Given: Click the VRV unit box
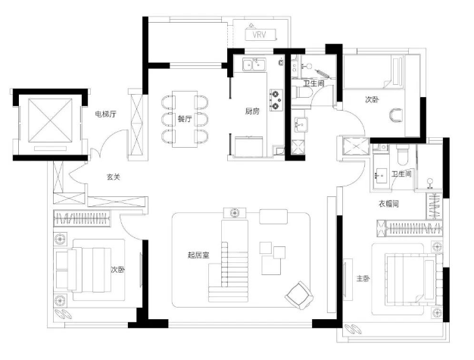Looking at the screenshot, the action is (x=260, y=35).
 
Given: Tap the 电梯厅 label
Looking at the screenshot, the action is (x=105, y=114).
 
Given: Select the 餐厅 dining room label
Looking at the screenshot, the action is (x=185, y=118).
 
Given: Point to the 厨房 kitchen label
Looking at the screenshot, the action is (x=252, y=111).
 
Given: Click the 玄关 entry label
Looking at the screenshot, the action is (x=114, y=177).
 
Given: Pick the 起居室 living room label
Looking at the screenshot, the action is (x=198, y=255).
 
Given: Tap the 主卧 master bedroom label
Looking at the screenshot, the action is (x=363, y=278).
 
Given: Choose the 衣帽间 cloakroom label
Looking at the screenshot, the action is (x=388, y=204).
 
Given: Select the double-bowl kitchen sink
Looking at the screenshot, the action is (x=254, y=65).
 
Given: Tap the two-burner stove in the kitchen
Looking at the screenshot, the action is (x=276, y=100).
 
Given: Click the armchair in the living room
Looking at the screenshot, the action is (x=299, y=295).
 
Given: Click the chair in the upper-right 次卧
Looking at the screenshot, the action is (x=396, y=115).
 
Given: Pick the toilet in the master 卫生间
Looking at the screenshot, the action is (x=402, y=155).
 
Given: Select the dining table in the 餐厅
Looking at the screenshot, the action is (x=185, y=119).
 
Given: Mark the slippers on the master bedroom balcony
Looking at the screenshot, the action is (x=354, y=329).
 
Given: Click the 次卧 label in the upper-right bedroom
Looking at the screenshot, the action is (x=372, y=99).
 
